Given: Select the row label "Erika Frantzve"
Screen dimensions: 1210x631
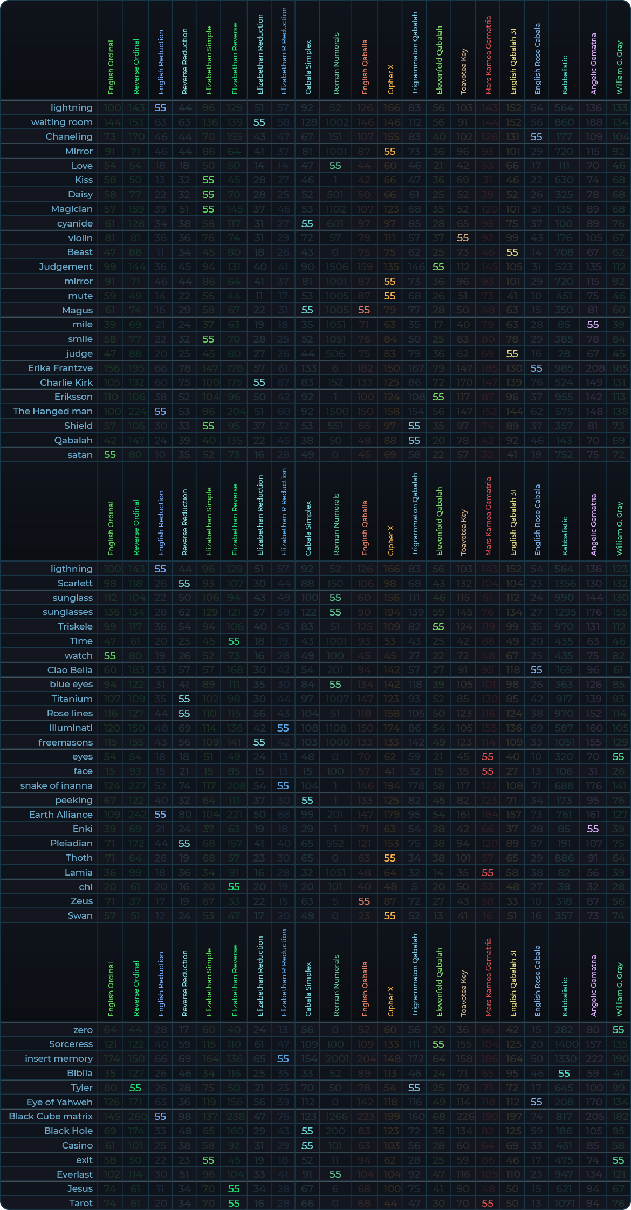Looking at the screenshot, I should pos(60,368).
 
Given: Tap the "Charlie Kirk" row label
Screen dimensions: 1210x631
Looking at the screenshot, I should pos(66,382).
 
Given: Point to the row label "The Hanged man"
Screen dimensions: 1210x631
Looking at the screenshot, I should pos(53,411).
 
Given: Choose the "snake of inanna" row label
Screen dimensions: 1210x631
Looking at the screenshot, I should pos(56,785).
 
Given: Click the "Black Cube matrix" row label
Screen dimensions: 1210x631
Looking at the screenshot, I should pos(51,1116).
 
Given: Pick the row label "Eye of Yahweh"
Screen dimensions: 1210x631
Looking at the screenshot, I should pos(59,1102).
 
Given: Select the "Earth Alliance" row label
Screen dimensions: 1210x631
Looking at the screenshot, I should pos(60,815).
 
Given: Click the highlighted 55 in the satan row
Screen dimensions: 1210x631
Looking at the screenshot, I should pos(110,455).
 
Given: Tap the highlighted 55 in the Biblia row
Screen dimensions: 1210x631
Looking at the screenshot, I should pos(564,1073).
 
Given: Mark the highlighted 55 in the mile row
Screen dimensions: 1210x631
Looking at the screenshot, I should pos(593,324).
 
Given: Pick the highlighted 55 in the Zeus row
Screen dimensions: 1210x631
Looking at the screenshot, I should pos(364,901).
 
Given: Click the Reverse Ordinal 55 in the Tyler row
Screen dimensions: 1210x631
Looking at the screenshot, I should pos(135,1088).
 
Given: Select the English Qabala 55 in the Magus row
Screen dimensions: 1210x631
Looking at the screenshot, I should pos(364,310).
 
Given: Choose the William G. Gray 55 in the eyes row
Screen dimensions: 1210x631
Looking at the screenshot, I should pos(618,757).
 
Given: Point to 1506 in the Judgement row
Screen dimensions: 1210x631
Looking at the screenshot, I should pos(335,266).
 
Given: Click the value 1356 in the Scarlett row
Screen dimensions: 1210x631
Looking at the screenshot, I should pos(564,583).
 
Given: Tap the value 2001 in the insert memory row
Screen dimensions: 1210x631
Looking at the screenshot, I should pos(335,1058).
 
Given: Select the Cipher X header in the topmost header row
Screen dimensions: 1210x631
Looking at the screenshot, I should pos(390,79).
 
